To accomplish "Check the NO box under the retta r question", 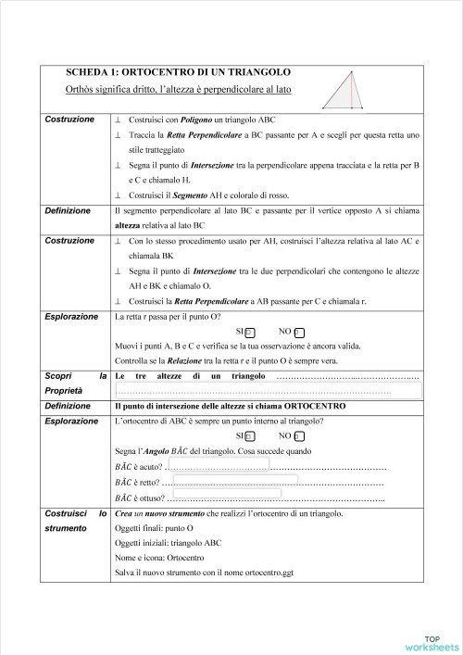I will [x=298, y=331].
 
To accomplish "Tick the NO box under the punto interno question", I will [x=298, y=435].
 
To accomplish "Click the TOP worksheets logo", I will [x=430, y=643].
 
